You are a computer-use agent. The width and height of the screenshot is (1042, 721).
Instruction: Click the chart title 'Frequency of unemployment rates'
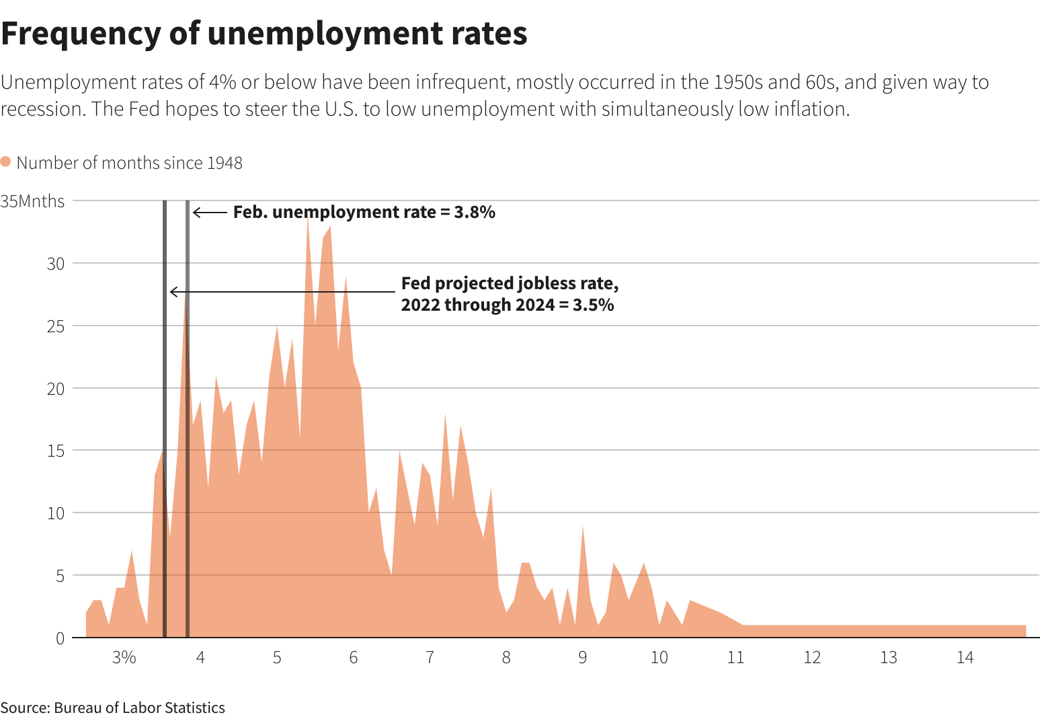coord(264,34)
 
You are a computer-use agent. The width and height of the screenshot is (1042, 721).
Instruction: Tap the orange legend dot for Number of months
coord(5,162)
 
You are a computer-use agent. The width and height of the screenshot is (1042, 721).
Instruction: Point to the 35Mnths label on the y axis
coord(33,201)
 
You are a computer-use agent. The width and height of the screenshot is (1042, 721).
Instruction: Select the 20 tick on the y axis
coord(56,388)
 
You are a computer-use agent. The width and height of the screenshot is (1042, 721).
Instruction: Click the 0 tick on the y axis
coord(60,638)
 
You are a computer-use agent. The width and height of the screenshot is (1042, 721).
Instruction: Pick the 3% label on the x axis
coord(124,657)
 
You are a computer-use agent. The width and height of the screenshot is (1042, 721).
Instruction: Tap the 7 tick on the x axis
coord(430,657)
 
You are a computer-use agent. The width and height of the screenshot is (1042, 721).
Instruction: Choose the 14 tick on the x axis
coord(965,657)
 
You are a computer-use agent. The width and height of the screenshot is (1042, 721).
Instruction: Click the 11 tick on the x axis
coord(735,657)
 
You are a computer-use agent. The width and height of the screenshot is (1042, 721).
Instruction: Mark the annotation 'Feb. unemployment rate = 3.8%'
coord(364,212)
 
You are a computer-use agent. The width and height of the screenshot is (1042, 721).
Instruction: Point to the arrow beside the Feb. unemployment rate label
coord(210,213)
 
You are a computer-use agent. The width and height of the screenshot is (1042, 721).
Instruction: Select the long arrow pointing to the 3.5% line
coord(282,292)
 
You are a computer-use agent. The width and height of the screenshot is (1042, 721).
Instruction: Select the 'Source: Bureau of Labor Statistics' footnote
coord(113,708)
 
